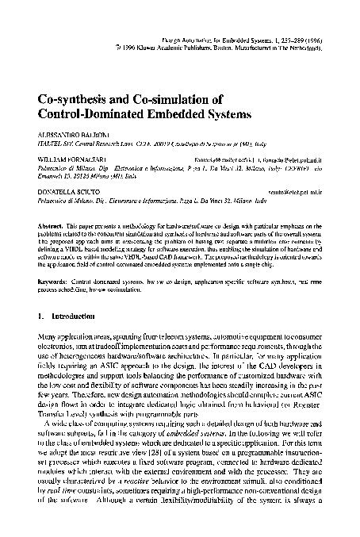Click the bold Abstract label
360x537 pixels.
[x=51, y=226]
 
